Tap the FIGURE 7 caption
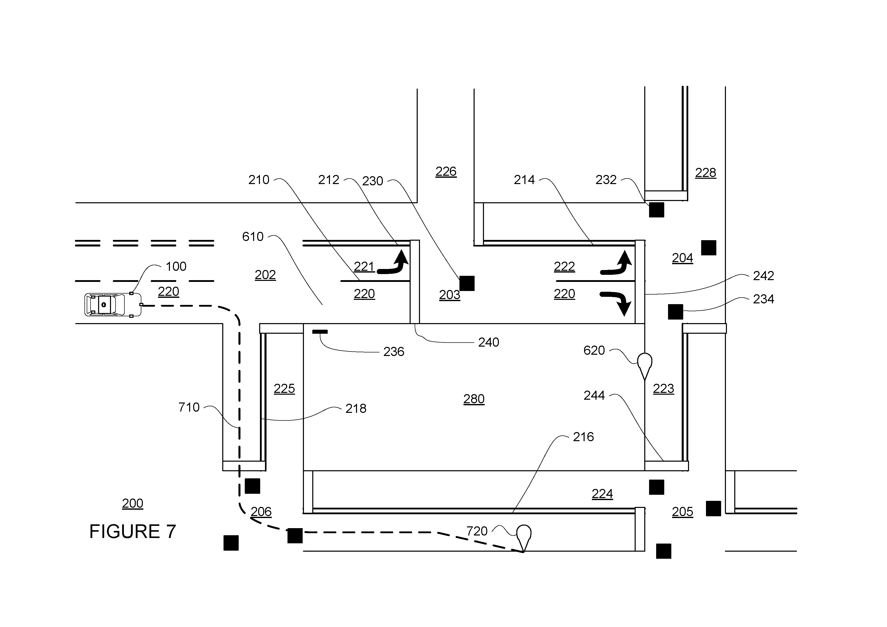(132, 532)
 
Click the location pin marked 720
(524, 538)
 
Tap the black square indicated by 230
(467, 283)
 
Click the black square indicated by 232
(656, 210)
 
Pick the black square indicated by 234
(675, 312)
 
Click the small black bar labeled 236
(320, 331)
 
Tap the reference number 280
(474, 399)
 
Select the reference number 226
(446, 171)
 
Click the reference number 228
(705, 173)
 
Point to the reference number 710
(189, 407)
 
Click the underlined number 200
(132, 503)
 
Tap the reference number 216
(583, 437)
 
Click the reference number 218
(356, 408)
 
